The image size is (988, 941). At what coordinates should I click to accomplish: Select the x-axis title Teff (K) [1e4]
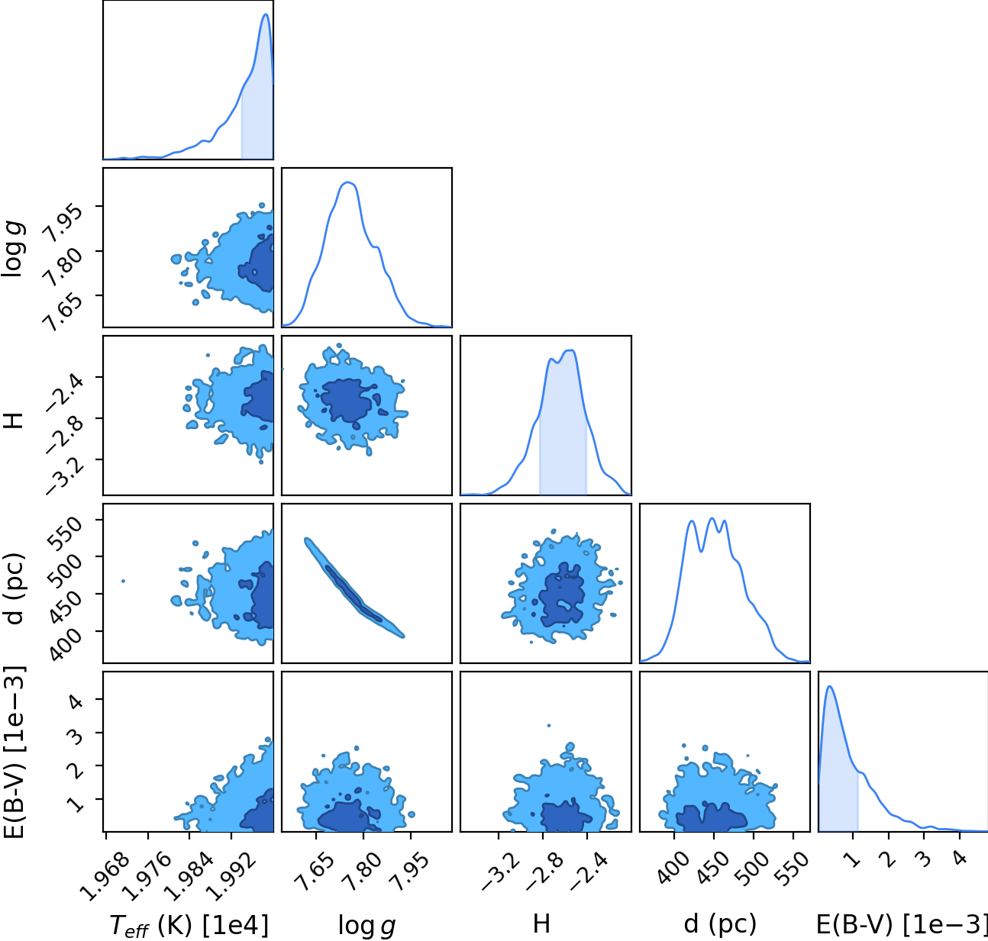(x=189, y=925)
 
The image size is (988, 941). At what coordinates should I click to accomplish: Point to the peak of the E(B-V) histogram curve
(x=829, y=686)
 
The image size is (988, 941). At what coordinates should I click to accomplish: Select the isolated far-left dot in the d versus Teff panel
(x=123, y=582)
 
